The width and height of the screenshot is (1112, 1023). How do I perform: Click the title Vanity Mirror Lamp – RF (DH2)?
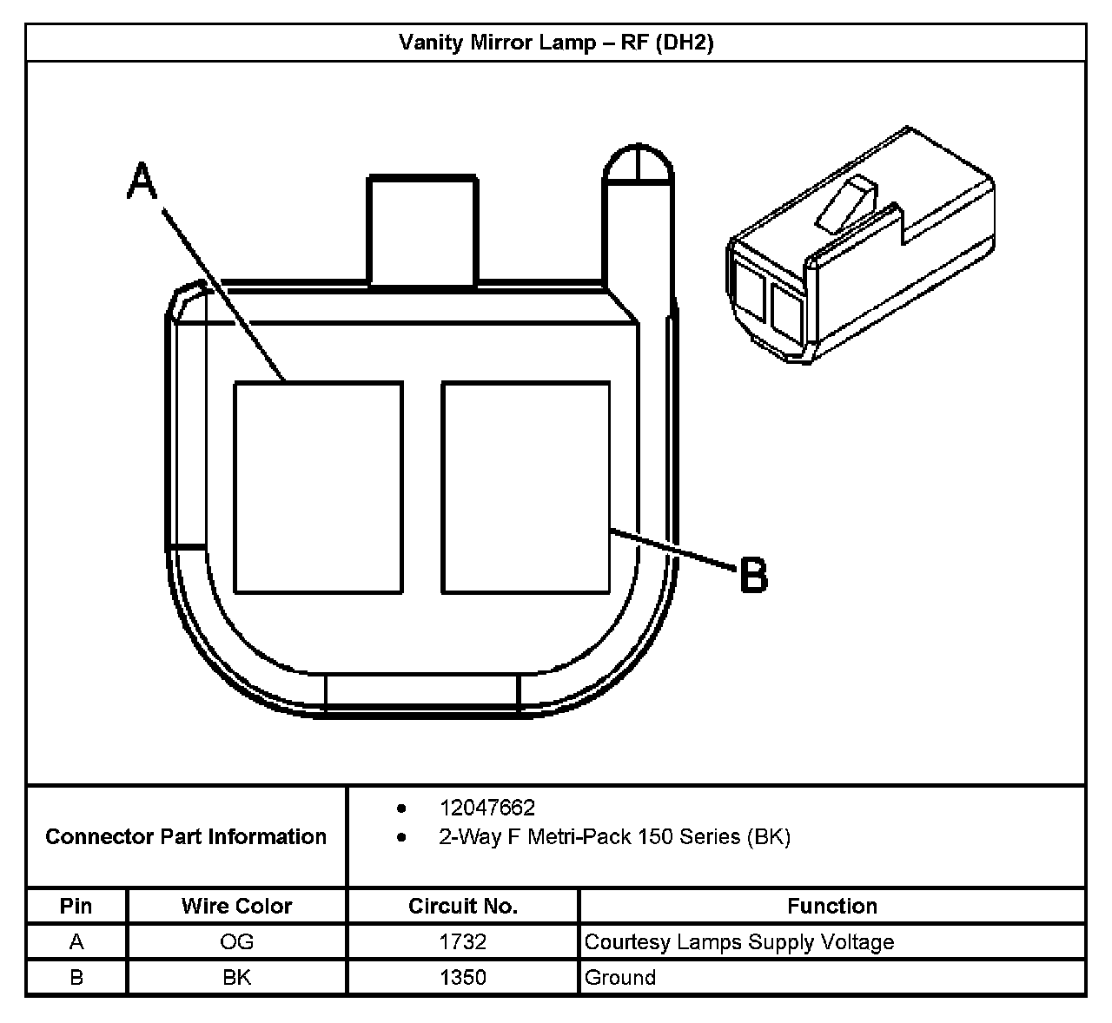point(556,43)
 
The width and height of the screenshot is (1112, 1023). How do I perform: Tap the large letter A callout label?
point(142,182)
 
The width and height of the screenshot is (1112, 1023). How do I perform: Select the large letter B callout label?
point(754,576)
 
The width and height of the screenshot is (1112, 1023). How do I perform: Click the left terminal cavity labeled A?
point(318,487)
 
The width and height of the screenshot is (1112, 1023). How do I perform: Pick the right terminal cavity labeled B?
point(526,487)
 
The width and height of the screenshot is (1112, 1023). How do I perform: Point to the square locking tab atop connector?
point(423,230)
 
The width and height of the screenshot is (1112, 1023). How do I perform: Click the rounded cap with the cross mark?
point(639,164)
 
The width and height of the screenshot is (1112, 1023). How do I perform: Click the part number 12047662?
point(486,808)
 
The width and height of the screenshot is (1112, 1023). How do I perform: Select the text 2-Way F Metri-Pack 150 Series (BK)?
point(614,837)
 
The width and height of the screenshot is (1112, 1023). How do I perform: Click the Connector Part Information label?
point(186,836)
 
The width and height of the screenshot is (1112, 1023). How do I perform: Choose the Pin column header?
point(76,906)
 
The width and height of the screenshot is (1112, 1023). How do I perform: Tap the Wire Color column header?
point(236,906)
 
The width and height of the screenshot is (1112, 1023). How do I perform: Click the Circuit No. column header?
point(463,906)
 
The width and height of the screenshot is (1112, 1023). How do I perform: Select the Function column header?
point(831,906)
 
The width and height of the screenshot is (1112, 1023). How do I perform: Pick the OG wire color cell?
point(236,941)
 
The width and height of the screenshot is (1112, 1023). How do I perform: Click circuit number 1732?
point(463,941)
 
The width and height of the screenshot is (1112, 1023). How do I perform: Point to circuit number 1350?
point(463,977)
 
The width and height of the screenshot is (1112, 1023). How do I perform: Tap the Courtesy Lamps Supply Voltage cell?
point(739,941)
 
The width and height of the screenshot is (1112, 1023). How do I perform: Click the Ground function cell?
point(620,977)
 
